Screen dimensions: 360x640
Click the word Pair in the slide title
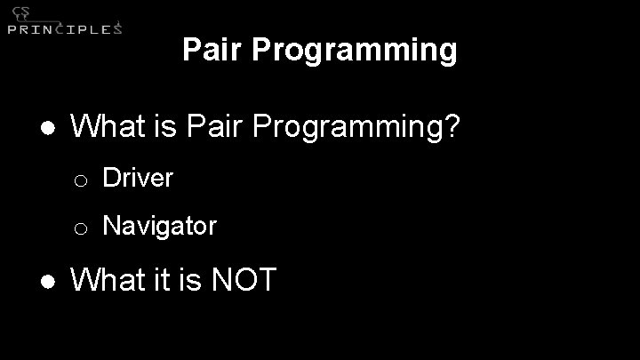point(212,50)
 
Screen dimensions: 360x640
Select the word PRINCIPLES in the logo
point(64,28)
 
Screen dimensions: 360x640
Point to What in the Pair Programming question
point(105,127)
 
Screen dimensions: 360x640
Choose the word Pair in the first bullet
point(215,127)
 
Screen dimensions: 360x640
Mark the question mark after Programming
point(452,127)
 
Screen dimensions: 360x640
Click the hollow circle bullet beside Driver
point(80,180)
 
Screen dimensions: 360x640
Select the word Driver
point(138,178)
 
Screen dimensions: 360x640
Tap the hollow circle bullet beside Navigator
point(80,228)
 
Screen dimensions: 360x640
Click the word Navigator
point(159,227)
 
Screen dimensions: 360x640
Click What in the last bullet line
point(105,280)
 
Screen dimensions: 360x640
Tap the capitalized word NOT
point(244,280)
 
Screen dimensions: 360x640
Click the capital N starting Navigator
point(111,226)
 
